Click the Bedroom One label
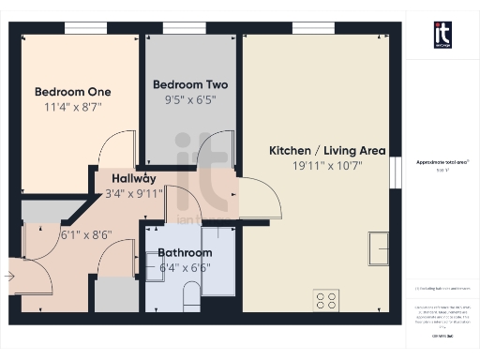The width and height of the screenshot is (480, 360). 73,92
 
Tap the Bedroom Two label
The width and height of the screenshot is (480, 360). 190,84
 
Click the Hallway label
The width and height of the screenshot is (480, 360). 134,178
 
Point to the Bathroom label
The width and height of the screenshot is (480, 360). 185,253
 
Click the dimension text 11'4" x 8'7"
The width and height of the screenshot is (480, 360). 73,108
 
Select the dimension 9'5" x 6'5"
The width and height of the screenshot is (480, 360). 190,99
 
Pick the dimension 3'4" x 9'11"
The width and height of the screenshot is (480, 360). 134,194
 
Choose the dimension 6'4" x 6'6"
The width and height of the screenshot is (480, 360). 185,268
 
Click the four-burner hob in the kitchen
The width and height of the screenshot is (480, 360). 326,300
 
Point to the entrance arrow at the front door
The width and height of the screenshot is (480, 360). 9,277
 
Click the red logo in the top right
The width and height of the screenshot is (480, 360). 442,35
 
